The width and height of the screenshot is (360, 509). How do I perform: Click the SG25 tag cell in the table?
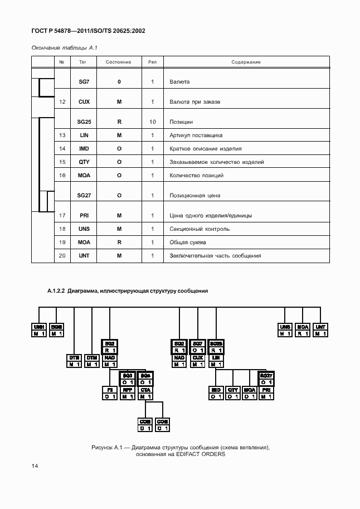tap(84, 122)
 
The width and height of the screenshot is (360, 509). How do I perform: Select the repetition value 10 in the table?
tap(152, 122)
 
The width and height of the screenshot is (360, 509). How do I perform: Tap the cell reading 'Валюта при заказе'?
tap(195, 102)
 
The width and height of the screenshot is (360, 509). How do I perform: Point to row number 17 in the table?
tap(62, 216)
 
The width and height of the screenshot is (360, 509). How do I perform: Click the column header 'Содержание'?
tap(246, 62)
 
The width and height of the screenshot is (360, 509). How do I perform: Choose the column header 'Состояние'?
tap(118, 62)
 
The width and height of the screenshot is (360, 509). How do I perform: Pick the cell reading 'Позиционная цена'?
tap(194, 196)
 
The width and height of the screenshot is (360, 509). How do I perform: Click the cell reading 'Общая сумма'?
tap(187, 243)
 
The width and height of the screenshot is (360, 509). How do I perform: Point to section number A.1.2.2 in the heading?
tap(56, 291)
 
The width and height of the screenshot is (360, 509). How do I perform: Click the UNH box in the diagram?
tap(38, 327)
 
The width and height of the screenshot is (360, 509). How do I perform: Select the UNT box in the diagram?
tap(320, 327)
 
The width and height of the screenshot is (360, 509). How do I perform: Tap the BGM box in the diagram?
tap(56, 327)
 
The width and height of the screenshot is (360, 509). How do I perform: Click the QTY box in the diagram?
tap(233, 390)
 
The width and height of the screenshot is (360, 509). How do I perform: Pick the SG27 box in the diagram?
tap(266, 376)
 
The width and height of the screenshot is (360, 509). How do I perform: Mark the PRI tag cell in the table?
tap(84, 216)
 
